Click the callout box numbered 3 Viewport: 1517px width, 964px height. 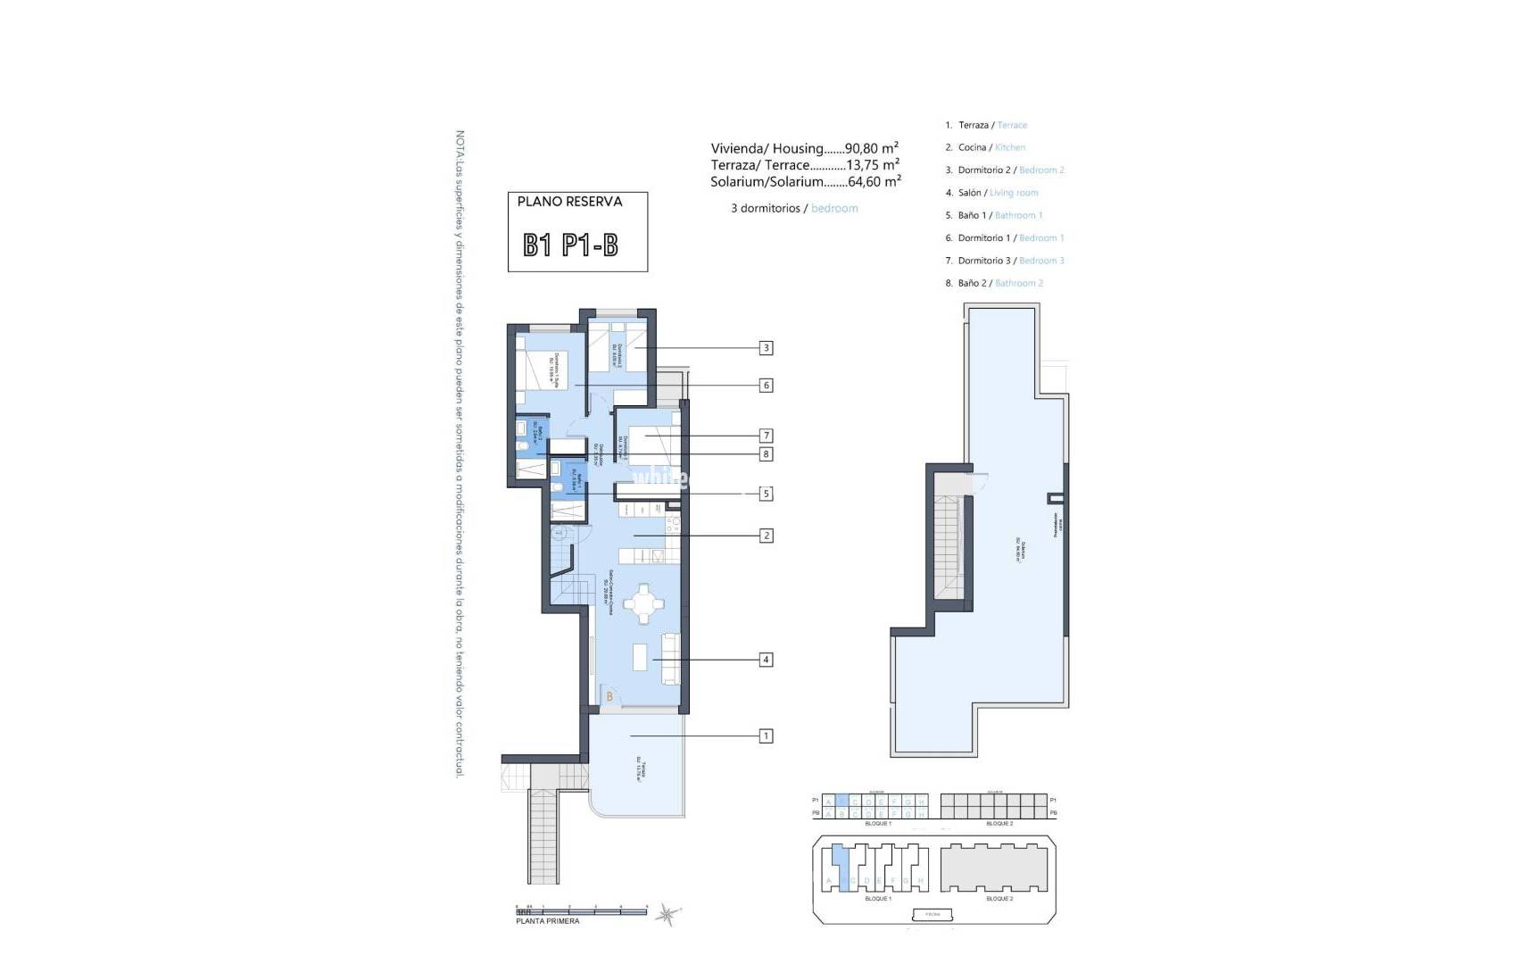pos(766,348)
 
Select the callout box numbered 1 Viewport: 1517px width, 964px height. pos(766,736)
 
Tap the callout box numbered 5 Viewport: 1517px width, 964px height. pos(766,494)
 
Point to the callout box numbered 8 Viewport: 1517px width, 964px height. pos(766,454)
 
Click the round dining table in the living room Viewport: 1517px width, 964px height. pos(643,604)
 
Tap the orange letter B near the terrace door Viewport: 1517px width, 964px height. pos(609,696)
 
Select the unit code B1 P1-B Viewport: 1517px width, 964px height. pos(570,245)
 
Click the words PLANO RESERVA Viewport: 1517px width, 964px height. pos(569,202)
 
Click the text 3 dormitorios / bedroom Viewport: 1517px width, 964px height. pos(794,208)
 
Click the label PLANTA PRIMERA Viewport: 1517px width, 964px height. pos(547,921)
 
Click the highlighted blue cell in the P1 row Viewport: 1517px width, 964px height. pos(842,801)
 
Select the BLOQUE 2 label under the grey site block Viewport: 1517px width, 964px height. pos(999,899)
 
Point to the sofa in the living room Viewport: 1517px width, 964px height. pos(670,659)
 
